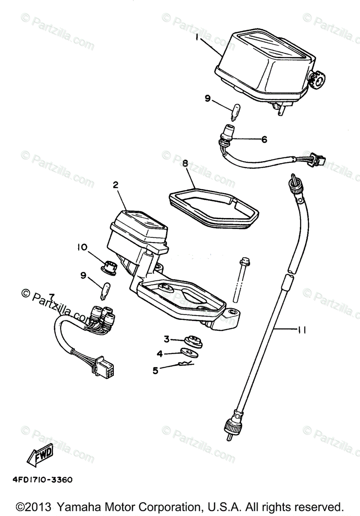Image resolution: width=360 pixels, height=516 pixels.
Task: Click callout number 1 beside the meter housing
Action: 197,38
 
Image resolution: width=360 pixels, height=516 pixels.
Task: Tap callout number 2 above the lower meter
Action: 116,185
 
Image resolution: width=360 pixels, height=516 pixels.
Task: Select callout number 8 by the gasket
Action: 185,164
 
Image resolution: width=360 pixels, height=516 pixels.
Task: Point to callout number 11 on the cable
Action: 301,330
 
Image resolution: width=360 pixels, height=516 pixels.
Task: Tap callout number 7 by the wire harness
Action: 52,297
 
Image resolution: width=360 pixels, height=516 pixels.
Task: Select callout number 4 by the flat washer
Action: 159,354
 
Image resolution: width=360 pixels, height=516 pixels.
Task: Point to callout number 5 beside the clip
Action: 156,369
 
